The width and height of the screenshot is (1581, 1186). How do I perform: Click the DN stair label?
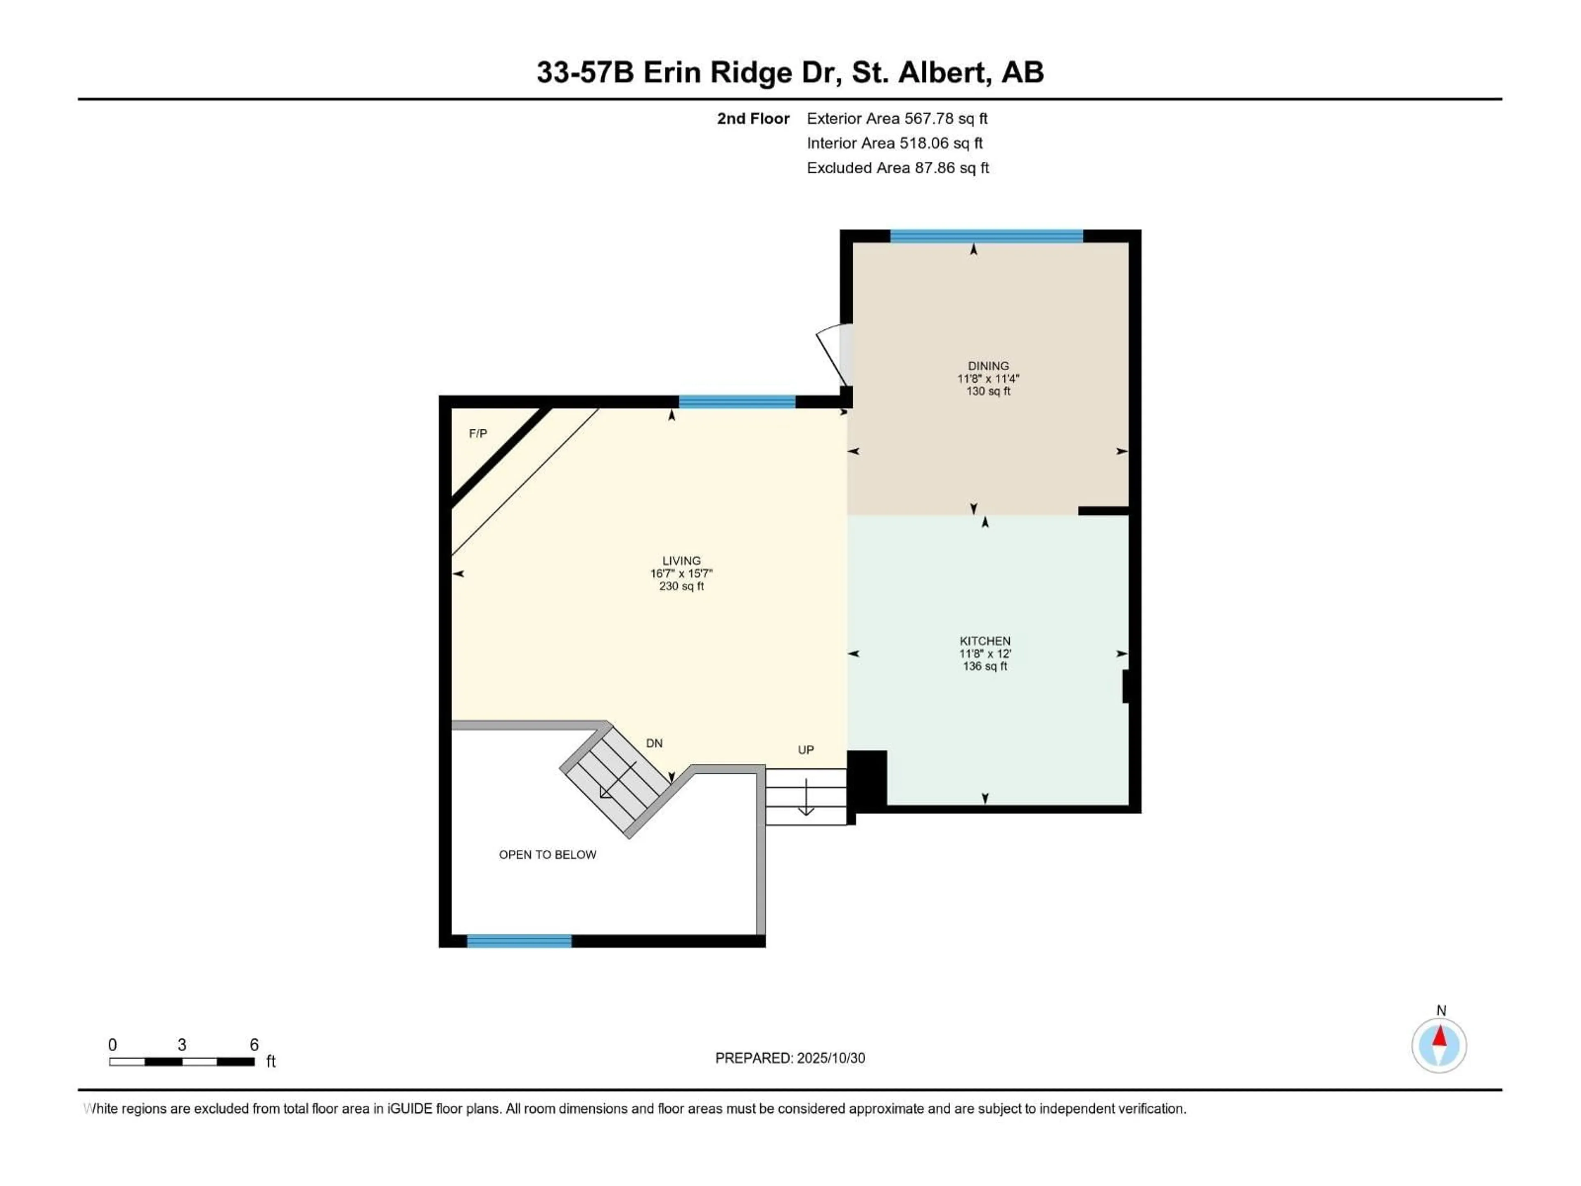pyautogui.click(x=654, y=743)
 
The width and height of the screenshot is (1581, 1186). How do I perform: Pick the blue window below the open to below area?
pyautogui.click(x=519, y=941)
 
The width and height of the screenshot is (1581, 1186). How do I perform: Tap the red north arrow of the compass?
pyautogui.click(x=1439, y=1037)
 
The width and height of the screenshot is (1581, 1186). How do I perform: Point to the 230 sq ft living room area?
pyautogui.click(x=681, y=586)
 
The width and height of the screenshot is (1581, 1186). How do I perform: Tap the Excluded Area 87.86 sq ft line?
pyautogui.click(x=897, y=168)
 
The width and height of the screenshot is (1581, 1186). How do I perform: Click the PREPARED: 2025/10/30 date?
pyautogui.click(x=790, y=1058)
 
